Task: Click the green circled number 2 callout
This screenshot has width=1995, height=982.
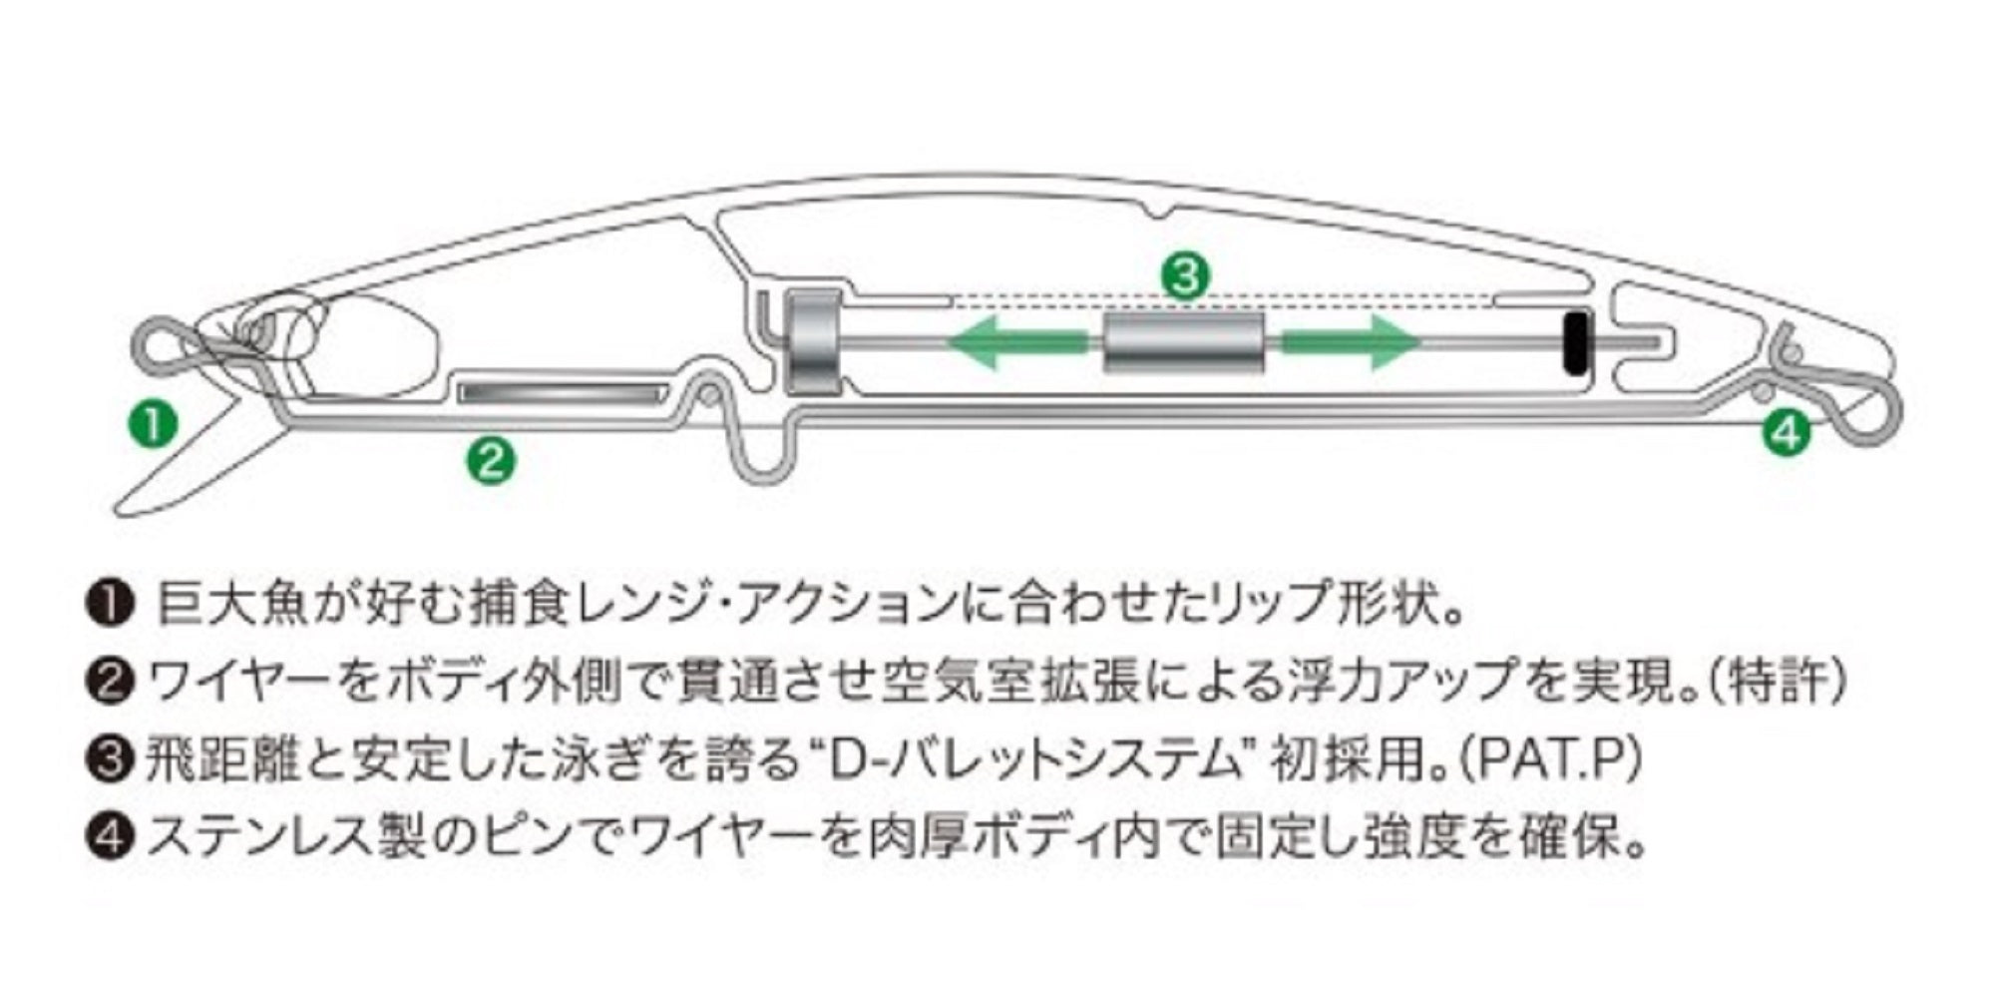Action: [x=491, y=461]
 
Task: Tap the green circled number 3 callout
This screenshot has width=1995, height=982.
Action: [x=1184, y=275]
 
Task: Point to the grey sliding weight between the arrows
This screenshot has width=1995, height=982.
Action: [x=1184, y=342]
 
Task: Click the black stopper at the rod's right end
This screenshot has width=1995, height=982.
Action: [x=1576, y=343]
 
